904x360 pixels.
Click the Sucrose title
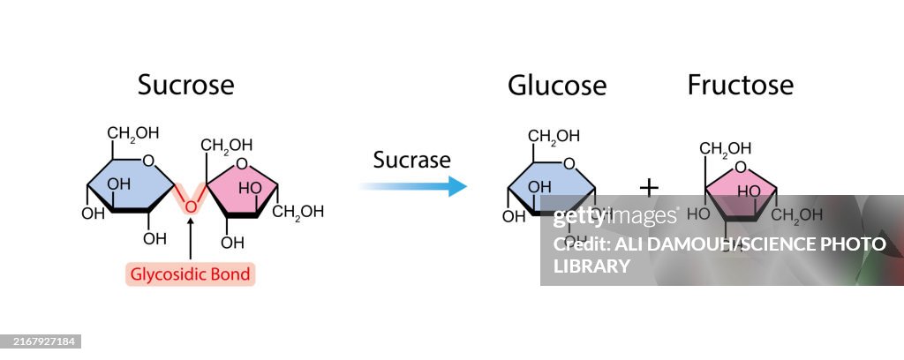(185, 86)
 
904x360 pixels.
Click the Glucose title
(556, 86)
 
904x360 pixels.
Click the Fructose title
(740, 86)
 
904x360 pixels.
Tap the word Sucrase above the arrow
(411, 160)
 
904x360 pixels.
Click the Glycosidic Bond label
(190, 274)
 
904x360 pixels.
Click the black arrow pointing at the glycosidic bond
(190, 238)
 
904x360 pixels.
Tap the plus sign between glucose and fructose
(649, 187)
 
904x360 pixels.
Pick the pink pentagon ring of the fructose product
(740, 194)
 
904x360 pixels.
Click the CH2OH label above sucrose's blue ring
(133, 134)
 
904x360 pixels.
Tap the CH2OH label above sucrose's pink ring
(227, 145)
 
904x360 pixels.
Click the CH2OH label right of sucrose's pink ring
(298, 212)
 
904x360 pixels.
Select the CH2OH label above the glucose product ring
(554, 136)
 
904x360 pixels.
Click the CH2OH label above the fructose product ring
(727, 147)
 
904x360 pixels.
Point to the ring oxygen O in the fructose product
(740, 168)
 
